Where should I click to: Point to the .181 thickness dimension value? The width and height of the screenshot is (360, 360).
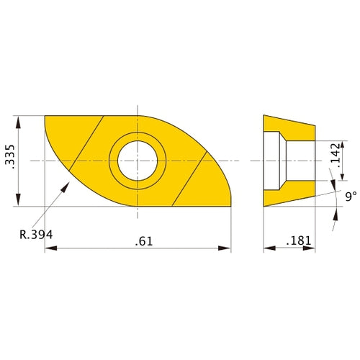297,239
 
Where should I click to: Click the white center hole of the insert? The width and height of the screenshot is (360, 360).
137,160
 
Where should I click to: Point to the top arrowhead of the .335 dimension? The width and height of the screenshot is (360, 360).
19,119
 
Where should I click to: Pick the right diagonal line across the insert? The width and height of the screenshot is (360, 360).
192,178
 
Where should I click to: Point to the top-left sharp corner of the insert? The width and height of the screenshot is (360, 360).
45,116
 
